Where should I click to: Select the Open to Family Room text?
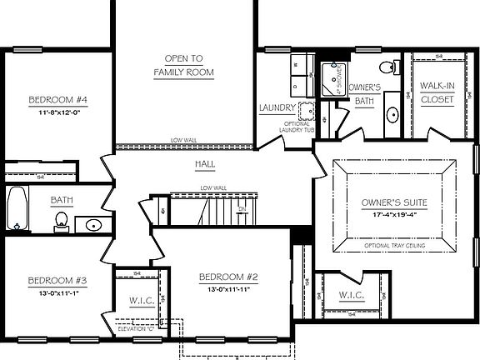pos(183,65)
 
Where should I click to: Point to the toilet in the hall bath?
pos(60,220)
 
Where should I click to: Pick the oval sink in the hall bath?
pos(92,224)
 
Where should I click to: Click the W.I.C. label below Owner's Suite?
pos(350,295)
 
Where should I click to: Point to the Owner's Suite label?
pos(394,202)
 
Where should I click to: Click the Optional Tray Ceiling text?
pos(395,247)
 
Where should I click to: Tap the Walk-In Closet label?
pos(437,92)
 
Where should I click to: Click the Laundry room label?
pos(277,107)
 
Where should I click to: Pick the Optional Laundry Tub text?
pos(297,128)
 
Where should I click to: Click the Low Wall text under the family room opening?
pos(183,139)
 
